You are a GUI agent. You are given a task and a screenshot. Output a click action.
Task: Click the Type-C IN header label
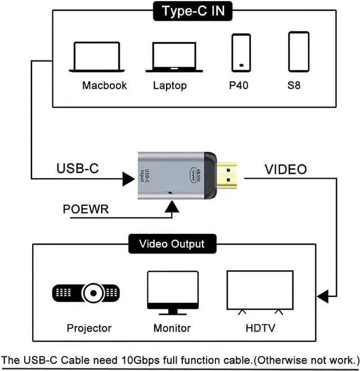pos(192,11)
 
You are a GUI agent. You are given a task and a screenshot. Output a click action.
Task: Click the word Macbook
pos(105,85)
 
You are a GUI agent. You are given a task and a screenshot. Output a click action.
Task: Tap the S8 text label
pos(294,85)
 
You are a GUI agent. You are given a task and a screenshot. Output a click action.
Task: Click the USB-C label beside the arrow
pos(78,168)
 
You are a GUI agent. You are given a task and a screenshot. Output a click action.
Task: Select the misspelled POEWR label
pos(85,209)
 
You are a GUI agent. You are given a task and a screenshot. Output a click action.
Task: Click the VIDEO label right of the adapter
pos(286,169)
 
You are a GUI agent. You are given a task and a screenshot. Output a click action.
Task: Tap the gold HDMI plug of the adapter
pos(227,175)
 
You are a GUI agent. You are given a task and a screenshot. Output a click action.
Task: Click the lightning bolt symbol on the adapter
pos(169,193)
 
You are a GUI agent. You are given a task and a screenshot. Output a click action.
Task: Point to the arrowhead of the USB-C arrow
pos(129,179)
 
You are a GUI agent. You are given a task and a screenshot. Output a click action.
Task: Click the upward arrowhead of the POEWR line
pos(172,206)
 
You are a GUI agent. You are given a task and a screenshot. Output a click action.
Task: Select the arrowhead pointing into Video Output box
pos(322,296)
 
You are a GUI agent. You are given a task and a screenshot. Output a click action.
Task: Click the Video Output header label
pos(172,244)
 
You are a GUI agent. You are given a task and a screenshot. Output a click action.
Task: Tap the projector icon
pos(85,293)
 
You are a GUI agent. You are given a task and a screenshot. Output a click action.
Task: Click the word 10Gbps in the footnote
pos(140,360)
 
